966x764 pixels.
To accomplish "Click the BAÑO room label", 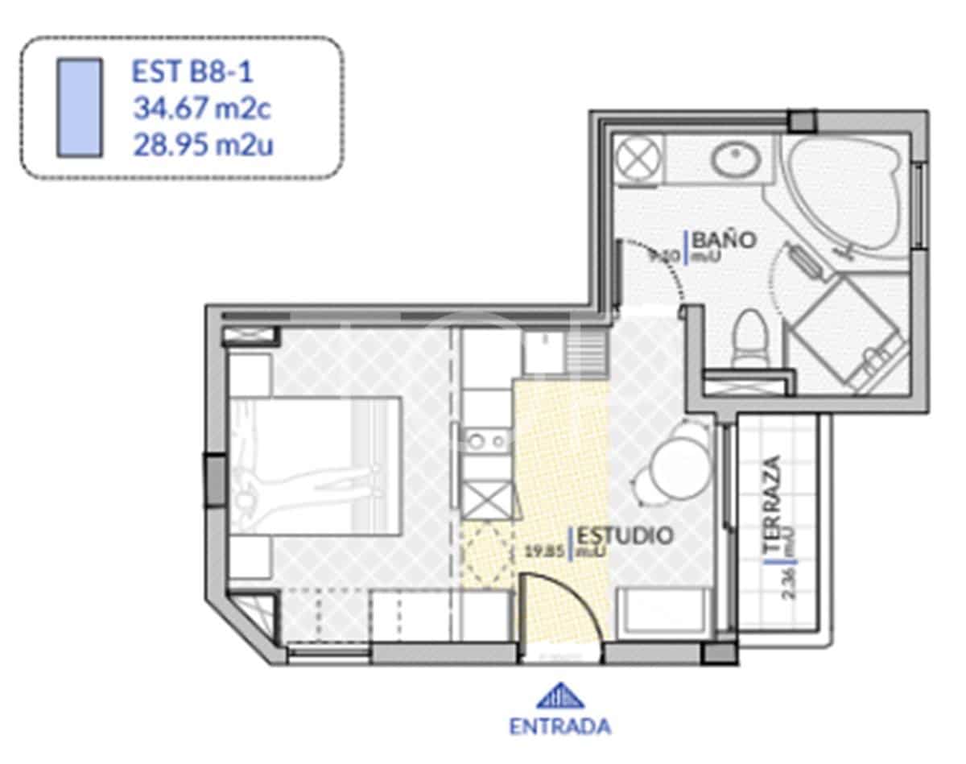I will tap(724, 239).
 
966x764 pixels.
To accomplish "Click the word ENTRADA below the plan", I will tap(559, 725).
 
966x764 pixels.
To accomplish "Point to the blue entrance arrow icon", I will tap(559, 695).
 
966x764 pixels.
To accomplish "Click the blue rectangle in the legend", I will tap(79, 107).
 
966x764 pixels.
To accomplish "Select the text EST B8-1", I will tap(192, 72).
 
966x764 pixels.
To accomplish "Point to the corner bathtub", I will tap(845, 193).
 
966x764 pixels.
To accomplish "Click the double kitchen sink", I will tap(486, 440).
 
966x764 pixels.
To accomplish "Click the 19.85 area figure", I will tap(543, 551).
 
